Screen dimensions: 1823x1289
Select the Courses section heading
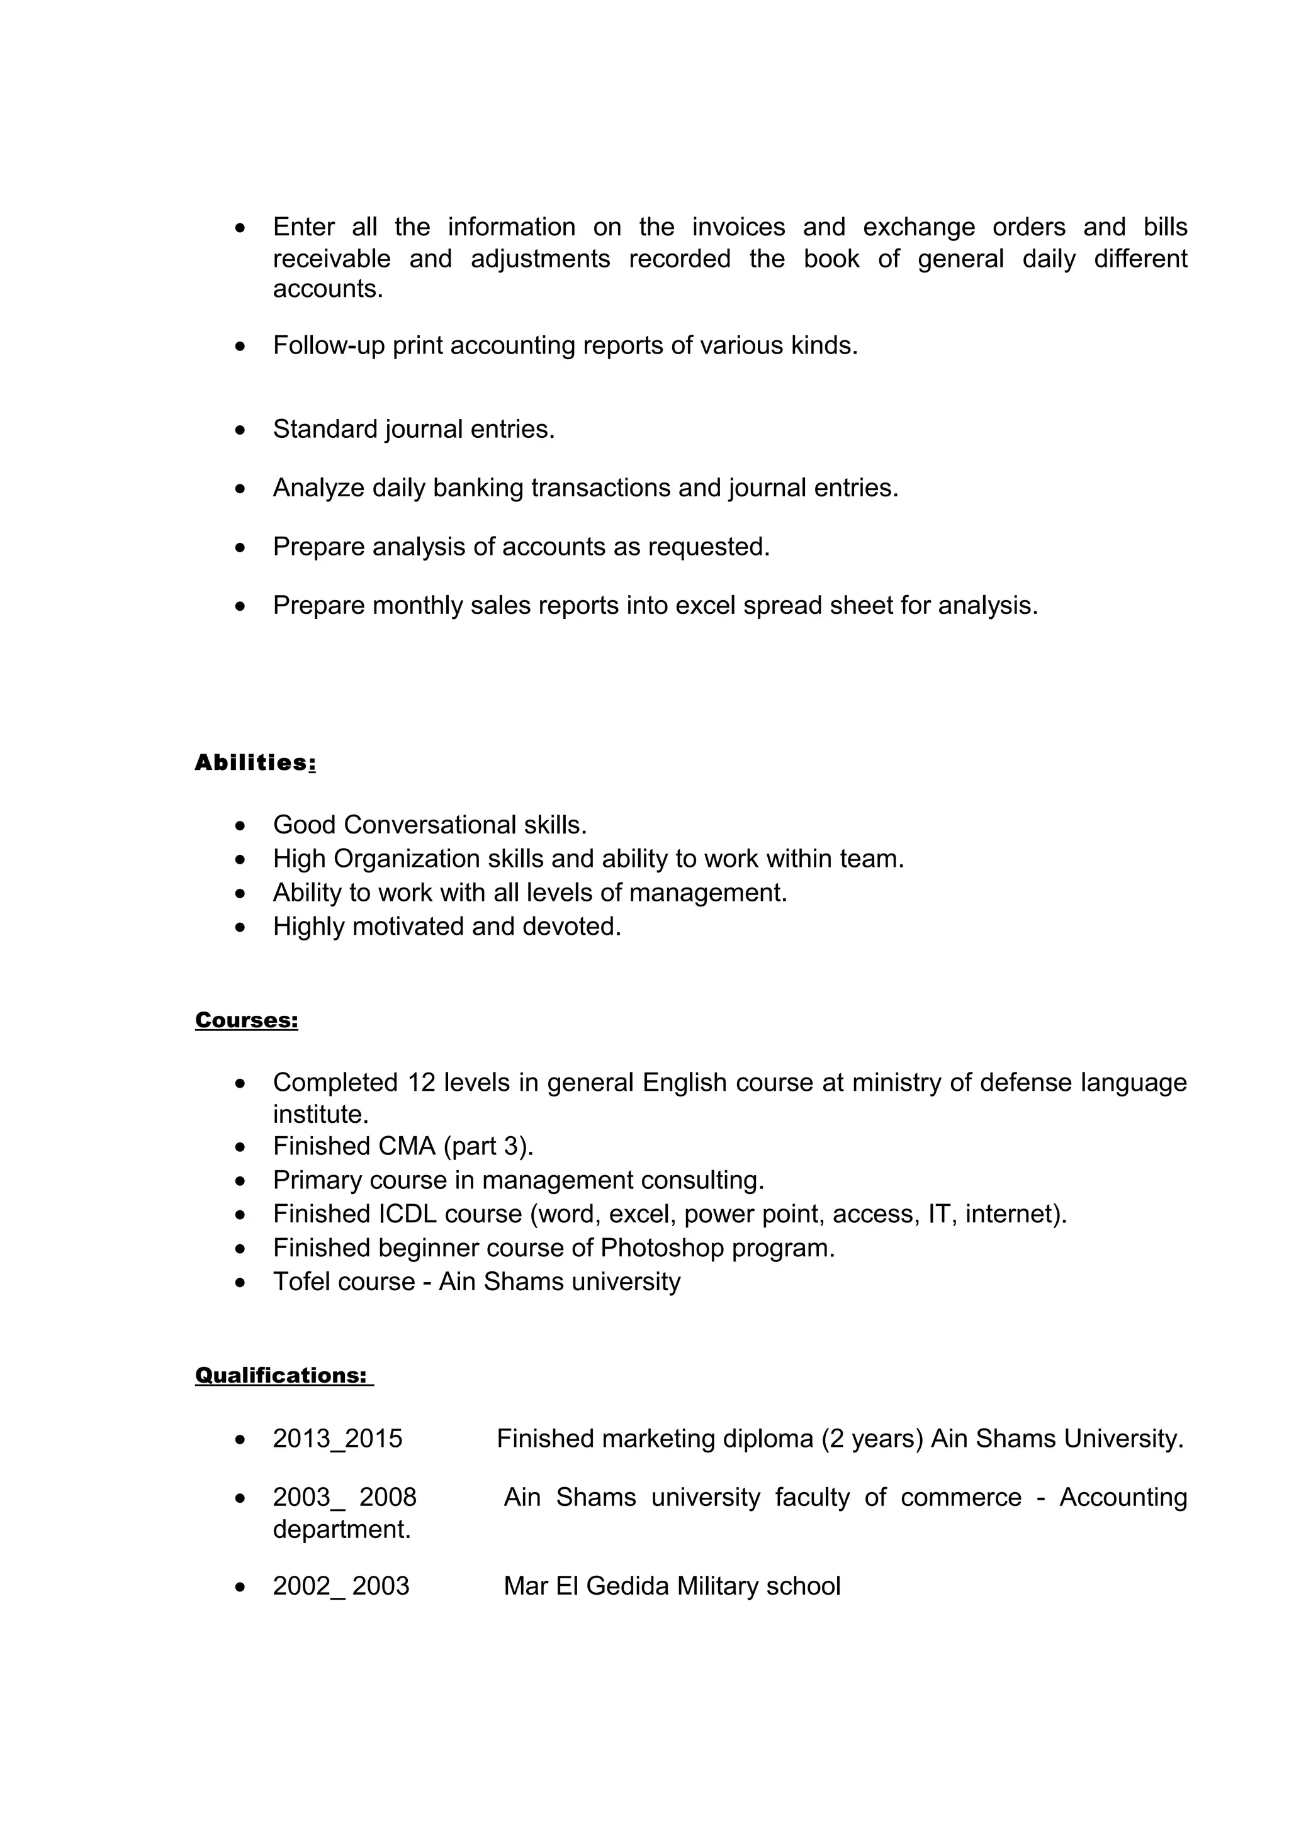pos(246,1020)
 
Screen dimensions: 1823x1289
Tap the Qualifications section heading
pos(281,1375)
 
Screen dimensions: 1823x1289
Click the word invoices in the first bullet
pos(738,227)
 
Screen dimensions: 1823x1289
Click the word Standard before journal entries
pos(325,430)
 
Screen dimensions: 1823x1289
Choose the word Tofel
pos(303,1281)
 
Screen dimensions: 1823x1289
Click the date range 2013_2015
pos(337,1439)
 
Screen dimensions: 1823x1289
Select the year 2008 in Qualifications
pos(388,1497)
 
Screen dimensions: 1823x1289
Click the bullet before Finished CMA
pos(240,1147)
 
